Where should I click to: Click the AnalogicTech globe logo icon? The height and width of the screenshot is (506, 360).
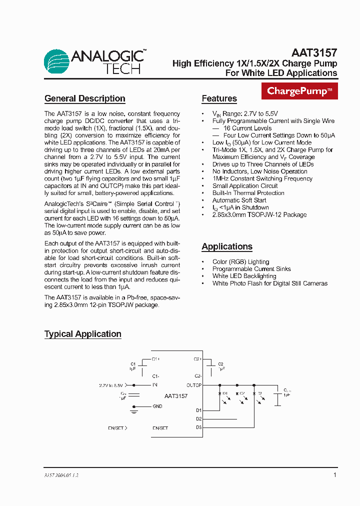(x=57, y=62)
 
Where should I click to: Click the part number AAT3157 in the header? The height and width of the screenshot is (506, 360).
(x=314, y=52)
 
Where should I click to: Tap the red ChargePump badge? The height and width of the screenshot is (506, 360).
(x=299, y=91)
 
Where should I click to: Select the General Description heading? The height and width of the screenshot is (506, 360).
(x=84, y=98)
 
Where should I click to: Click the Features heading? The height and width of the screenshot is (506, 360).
(x=219, y=98)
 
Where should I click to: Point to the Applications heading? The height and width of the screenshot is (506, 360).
(x=226, y=246)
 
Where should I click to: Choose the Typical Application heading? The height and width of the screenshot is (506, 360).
(x=82, y=334)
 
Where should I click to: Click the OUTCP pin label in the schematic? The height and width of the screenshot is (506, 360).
(x=193, y=385)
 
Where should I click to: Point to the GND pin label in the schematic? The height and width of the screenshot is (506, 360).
(x=157, y=406)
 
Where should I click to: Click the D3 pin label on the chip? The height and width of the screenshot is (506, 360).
(x=198, y=427)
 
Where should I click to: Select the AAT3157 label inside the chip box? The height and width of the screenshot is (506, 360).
(x=176, y=396)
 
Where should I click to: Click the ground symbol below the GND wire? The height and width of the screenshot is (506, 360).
(x=133, y=411)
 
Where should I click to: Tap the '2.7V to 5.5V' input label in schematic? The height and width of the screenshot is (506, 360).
(x=111, y=385)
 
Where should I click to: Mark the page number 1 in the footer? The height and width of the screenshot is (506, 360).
(x=334, y=475)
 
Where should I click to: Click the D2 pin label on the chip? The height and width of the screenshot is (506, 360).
(x=198, y=419)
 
